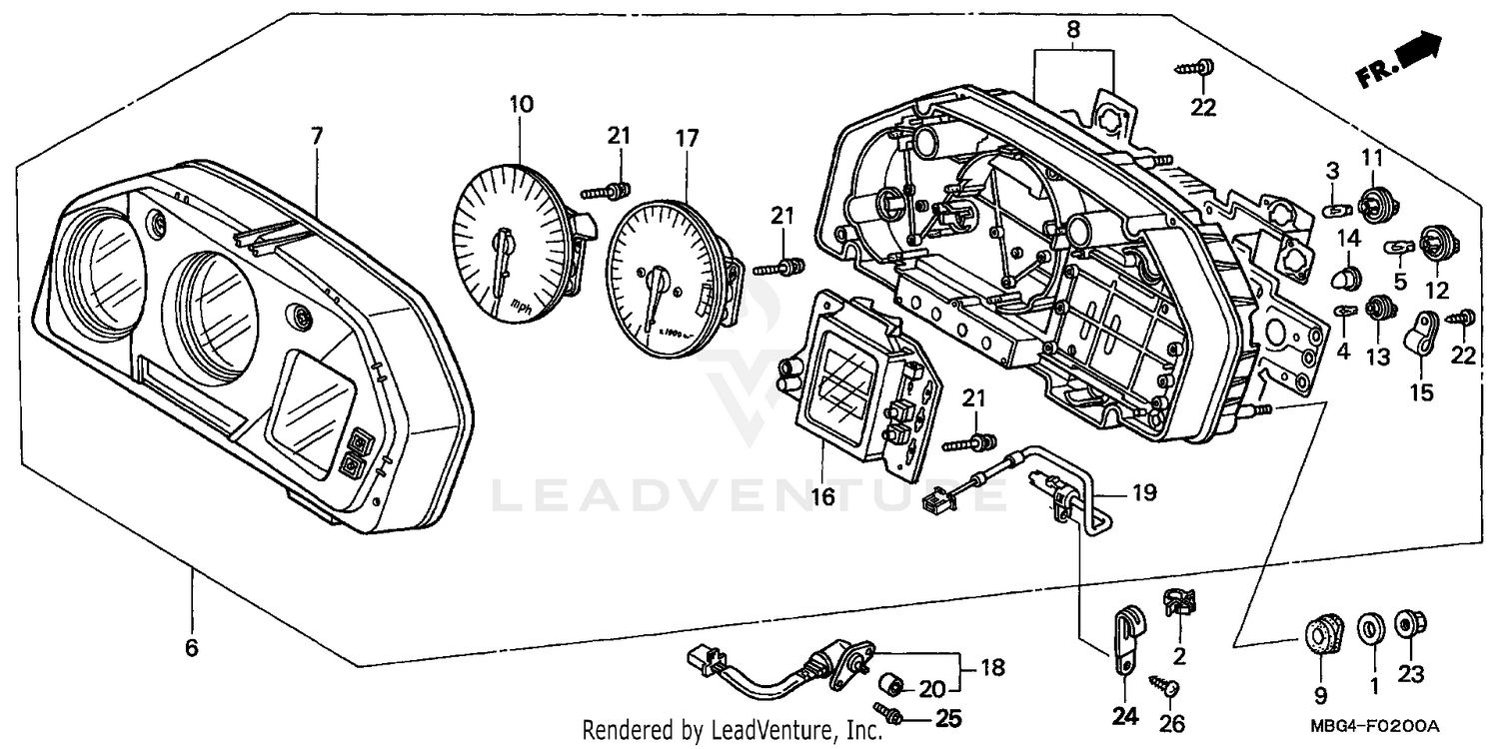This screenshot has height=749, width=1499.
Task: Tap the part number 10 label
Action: click(521, 104)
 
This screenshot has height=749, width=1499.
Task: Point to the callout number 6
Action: click(192, 647)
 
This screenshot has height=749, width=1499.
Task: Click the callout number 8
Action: click(1073, 30)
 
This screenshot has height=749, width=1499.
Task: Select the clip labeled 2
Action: click(1178, 601)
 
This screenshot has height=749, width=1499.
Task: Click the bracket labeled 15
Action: click(1421, 334)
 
